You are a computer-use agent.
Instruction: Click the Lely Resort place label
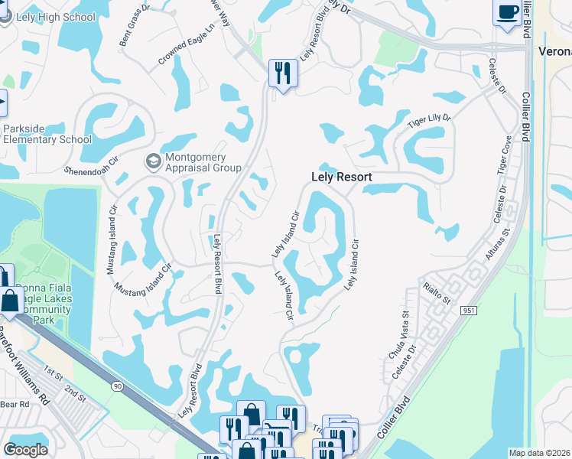pos(342,177)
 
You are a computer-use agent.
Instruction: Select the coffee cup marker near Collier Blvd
pos(509,12)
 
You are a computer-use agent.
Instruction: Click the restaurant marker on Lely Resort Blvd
pos(283,73)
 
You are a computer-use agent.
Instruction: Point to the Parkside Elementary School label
pos(47,134)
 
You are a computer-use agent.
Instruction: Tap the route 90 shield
pos(116,387)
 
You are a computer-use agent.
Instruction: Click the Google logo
pos(25,450)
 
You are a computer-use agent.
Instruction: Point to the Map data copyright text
pos(540,453)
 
